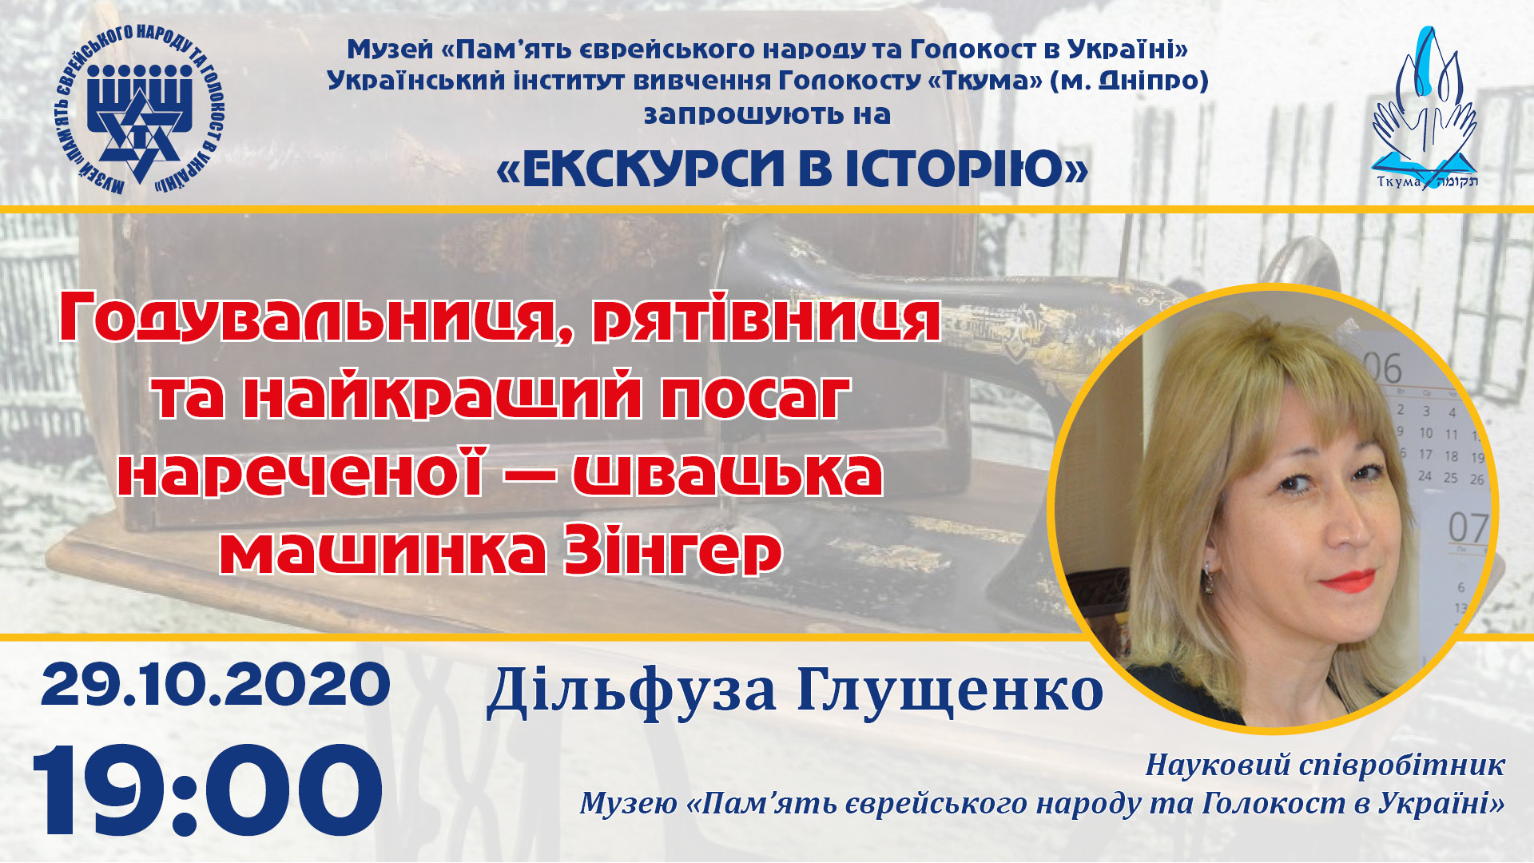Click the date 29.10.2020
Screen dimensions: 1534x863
click(x=215, y=685)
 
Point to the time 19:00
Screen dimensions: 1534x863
click(x=207, y=790)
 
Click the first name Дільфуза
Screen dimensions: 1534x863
click(x=631, y=690)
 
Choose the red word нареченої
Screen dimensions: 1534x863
click(x=301, y=473)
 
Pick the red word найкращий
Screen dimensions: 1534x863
click(x=453, y=396)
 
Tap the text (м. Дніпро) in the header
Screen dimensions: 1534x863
click(x=1129, y=81)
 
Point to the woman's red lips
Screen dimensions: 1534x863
click(x=1349, y=581)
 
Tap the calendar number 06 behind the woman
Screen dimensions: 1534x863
click(x=1382, y=368)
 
